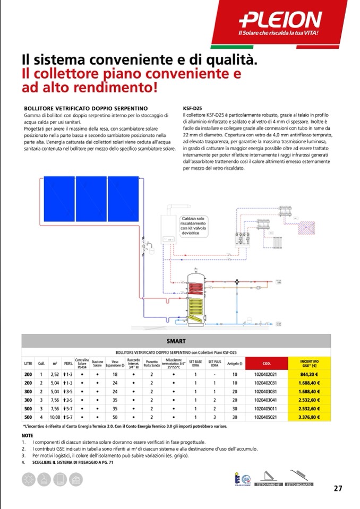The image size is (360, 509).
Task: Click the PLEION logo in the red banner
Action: (280, 20)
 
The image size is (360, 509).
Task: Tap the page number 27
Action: (338, 489)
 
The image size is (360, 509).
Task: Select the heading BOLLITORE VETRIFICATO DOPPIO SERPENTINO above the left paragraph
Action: (82, 107)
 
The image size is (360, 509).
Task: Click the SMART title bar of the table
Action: (176, 340)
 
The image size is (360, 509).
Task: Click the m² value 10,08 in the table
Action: (55, 417)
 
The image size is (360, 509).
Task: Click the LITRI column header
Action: (28, 364)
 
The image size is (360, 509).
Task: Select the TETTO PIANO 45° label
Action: (269, 484)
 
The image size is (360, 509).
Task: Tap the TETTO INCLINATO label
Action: (299, 484)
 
